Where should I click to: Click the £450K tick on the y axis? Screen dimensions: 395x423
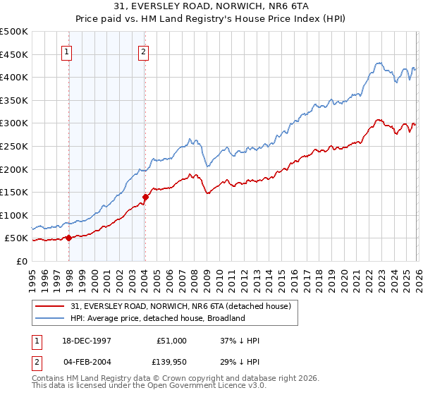click(14, 54)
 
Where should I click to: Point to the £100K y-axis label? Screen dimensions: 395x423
click(14, 215)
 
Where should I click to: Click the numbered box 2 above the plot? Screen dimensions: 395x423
click(144, 51)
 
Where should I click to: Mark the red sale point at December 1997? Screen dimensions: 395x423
click(68, 238)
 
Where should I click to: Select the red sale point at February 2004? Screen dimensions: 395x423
click(145, 197)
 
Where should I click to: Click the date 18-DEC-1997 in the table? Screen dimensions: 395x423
click(87, 341)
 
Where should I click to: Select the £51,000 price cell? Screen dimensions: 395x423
click(171, 341)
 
